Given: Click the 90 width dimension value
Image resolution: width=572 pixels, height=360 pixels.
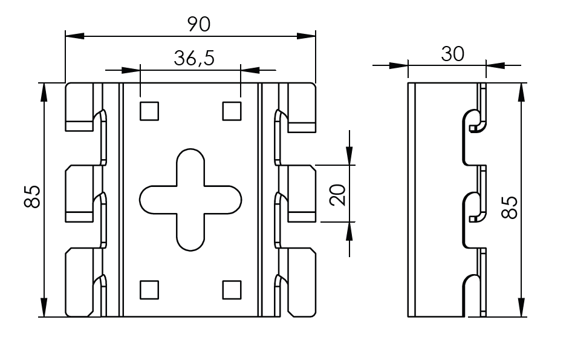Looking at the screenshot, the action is (199, 24).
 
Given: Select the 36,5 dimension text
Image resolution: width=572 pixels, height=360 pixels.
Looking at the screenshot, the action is (194, 58).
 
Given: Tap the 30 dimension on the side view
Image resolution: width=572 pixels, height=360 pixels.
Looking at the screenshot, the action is (453, 54).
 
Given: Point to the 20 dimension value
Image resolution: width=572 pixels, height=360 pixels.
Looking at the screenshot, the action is (338, 195).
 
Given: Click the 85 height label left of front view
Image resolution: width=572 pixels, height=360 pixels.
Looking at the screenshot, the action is (32, 197).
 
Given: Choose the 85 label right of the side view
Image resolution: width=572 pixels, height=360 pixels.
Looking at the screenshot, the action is (510, 208).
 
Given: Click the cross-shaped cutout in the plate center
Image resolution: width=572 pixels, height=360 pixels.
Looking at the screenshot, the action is (190, 200).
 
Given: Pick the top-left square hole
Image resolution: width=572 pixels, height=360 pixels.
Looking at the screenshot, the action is (149, 111).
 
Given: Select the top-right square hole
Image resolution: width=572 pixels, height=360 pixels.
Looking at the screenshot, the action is (232, 111).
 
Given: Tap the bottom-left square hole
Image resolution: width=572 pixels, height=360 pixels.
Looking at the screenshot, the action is (149, 290).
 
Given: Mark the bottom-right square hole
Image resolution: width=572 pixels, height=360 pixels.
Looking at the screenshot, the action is (232, 290).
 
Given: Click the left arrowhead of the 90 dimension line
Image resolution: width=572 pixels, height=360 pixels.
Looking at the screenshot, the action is (75, 36).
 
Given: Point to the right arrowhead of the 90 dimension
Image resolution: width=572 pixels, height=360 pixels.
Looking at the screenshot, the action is (307, 36).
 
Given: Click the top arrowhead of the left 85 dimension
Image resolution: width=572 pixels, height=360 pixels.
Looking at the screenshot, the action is (44, 92).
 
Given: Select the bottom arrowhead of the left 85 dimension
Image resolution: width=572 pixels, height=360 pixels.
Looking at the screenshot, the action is (44, 308).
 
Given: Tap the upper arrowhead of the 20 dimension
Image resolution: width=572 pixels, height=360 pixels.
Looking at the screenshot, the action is (349, 155).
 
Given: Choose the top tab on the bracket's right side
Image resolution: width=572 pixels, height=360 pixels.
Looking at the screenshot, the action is (302, 107).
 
